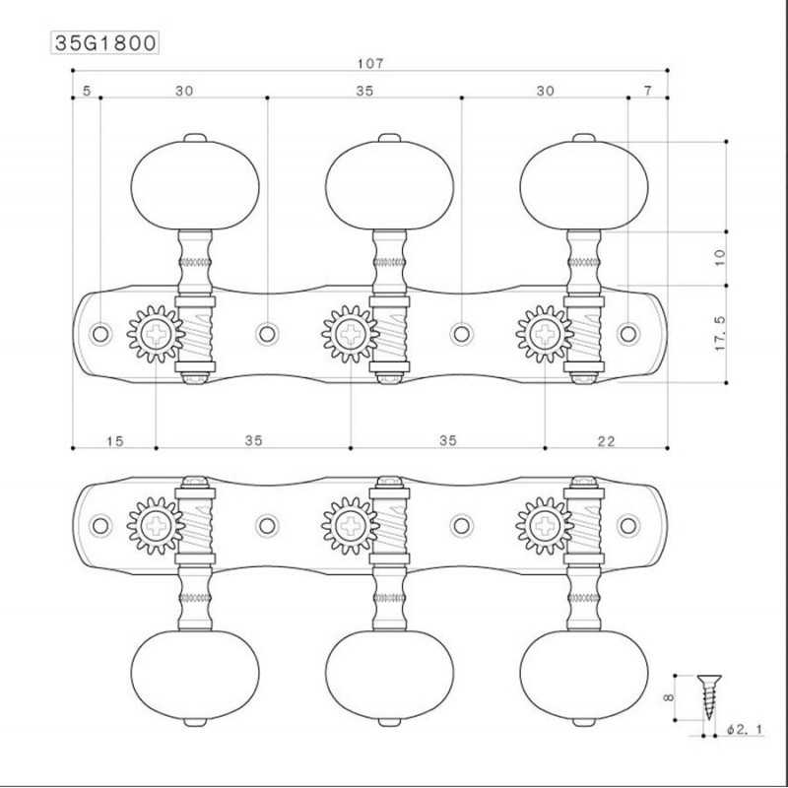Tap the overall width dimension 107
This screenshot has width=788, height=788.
click(369, 64)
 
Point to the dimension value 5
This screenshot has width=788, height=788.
click(87, 91)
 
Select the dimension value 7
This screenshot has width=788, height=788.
click(647, 91)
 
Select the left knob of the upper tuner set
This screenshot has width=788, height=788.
click(195, 182)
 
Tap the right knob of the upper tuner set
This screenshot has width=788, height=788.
click(583, 182)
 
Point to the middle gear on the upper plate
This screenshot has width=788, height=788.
click(349, 335)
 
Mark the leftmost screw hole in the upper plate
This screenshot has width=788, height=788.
click(99, 334)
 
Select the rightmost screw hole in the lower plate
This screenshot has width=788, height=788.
click(627, 523)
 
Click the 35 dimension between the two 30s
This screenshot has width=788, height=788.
click(364, 91)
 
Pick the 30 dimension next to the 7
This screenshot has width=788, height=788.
click(545, 91)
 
